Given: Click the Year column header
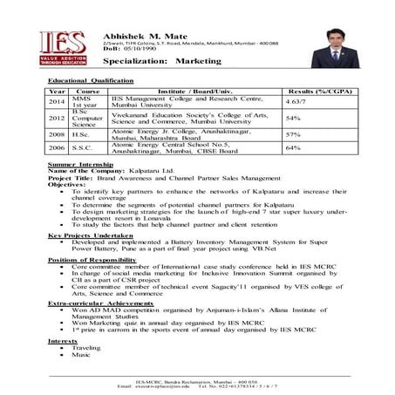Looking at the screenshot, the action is [58, 91].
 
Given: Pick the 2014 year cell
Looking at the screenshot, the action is [58, 102].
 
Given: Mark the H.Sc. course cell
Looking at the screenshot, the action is [78, 134].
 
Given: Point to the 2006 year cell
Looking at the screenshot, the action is [58, 148].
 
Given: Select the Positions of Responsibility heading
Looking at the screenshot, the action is [93, 260].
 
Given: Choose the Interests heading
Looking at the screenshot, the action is [62, 340].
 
